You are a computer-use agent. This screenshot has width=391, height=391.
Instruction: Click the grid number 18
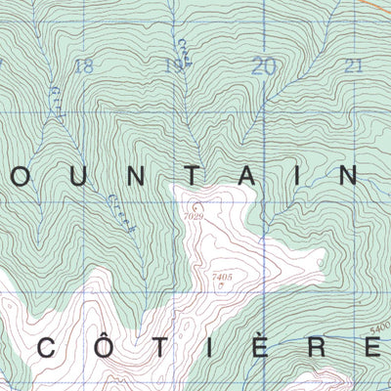tap(84, 66)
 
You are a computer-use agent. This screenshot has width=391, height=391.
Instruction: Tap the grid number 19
tap(173, 66)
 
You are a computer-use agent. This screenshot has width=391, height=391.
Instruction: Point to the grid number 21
tap(354, 66)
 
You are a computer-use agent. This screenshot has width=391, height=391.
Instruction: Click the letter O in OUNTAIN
tap(20, 176)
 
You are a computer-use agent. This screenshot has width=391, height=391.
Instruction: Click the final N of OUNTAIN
tap(347, 176)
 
